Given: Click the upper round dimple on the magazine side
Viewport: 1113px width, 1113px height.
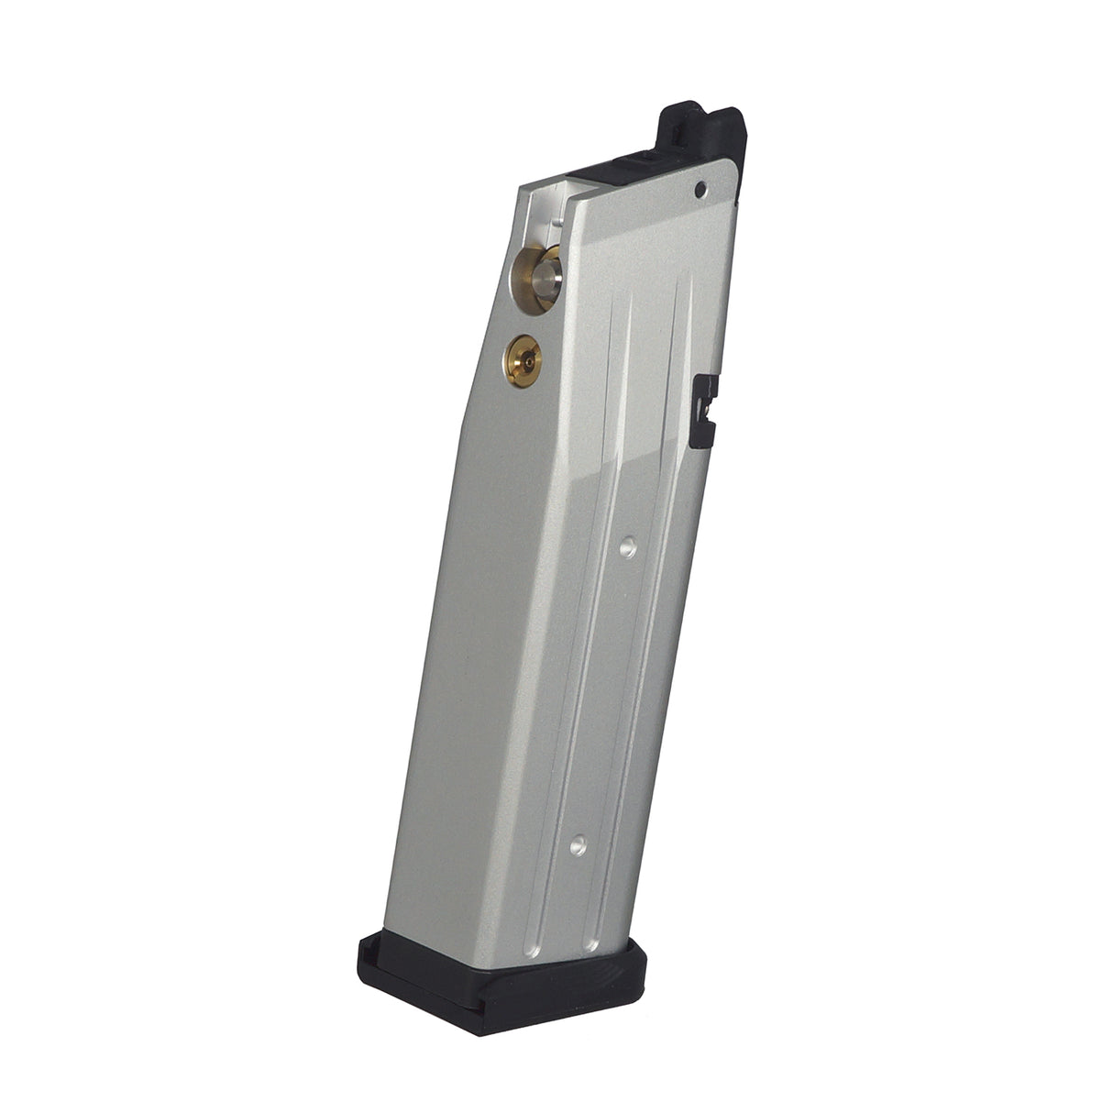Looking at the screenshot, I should pos(627,548).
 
